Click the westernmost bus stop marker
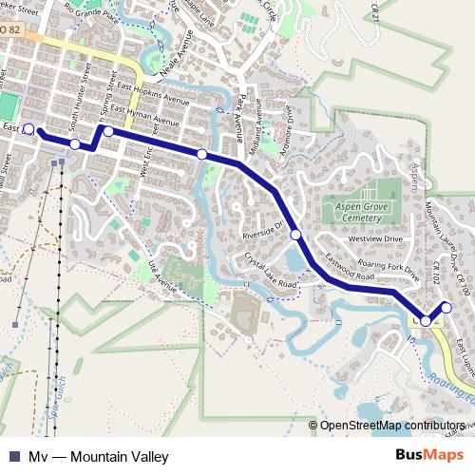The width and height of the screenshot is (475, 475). (x=28, y=128)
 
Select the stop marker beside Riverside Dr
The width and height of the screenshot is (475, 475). (x=296, y=234)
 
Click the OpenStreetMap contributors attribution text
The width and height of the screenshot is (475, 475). (x=391, y=426)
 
